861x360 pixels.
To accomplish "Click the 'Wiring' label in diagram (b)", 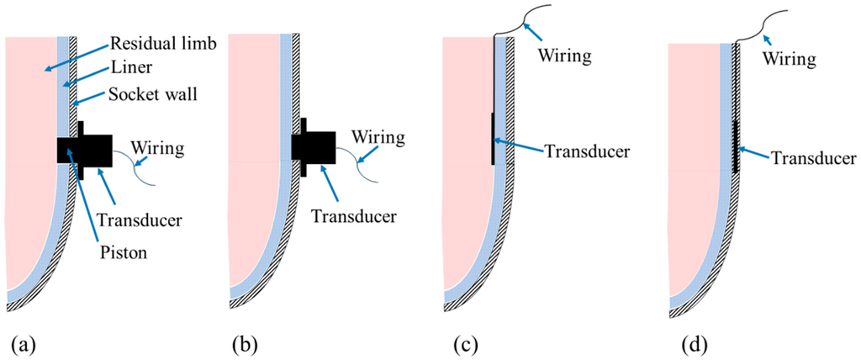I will [x=378, y=135].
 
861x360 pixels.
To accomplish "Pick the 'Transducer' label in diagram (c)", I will [x=587, y=151].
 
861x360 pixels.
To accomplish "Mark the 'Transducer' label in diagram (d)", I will [x=814, y=157].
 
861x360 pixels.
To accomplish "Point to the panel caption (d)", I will [x=684, y=343].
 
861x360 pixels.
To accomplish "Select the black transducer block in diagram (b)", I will [x=314, y=146].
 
